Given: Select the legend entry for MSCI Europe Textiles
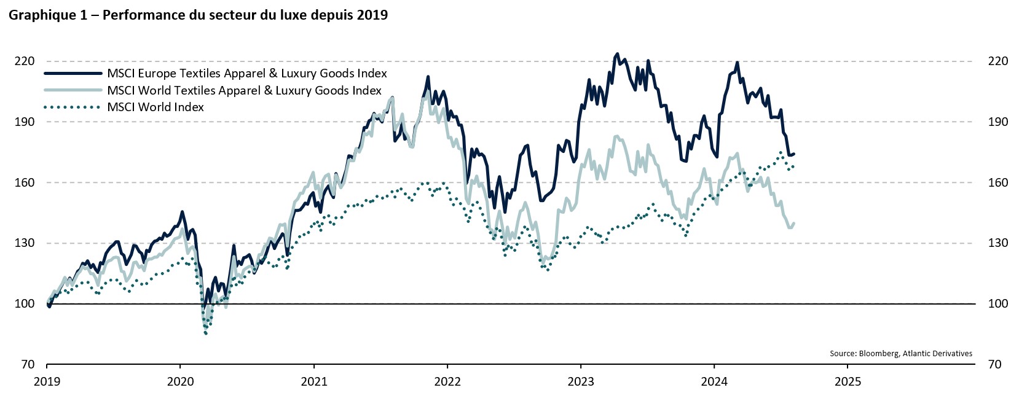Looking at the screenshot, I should click(x=246, y=74).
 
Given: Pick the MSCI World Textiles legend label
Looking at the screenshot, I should click(x=244, y=91).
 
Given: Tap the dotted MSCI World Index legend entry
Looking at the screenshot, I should click(x=155, y=107).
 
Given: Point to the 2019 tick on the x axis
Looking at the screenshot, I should click(x=47, y=382).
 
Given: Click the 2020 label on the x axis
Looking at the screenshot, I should click(x=180, y=382).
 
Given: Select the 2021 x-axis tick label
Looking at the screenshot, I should click(x=314, y=382).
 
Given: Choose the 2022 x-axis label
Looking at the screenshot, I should click(x=447, y=382).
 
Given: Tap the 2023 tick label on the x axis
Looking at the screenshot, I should click(x=581, y=382).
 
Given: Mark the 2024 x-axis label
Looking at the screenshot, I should click(x=714, y=382).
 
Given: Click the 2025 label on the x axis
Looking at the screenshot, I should click(x=848, y=382).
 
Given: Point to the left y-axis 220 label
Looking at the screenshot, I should click(x=25, y=61).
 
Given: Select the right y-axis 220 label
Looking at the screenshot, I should click(x=998, y=61).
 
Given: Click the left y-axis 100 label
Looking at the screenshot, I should click(x=25, y=303).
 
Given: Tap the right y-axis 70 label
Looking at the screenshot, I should click(x=994, y=364).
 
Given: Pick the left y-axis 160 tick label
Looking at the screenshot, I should click(x=25, y=182).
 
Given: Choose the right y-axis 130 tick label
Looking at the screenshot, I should click(x=998, y=243).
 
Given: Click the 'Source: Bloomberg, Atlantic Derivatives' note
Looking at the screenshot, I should click(x=900, y=354).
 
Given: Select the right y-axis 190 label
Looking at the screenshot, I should click(x=998, y=122).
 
